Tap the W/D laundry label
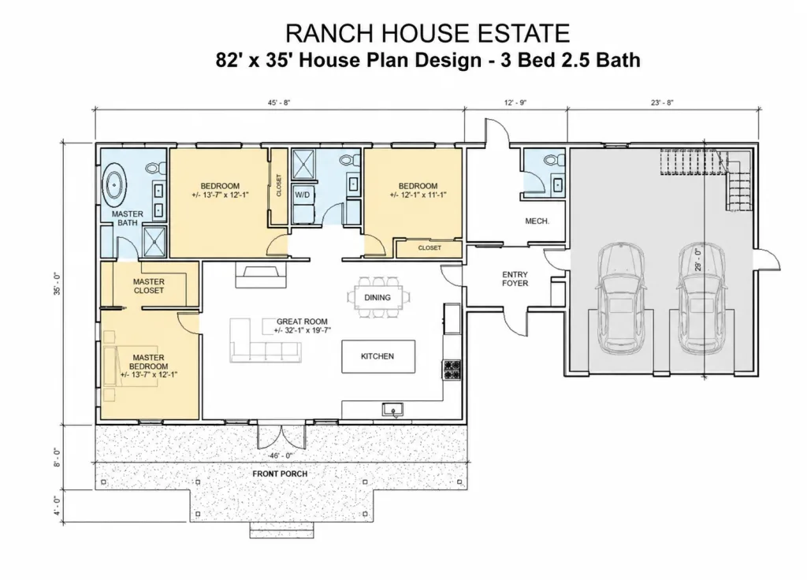tap(302, 195)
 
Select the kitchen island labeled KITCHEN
tap(378, 356)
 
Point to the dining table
tap(379, 297)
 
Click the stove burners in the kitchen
tap(452, 370)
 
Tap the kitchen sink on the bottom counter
tap(392, 410)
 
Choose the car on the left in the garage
tap(621, 298)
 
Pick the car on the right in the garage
tap(702, 298)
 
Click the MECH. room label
tap(537, 221)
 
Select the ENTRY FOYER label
tap(515, 279)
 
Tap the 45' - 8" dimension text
tap(279, 102)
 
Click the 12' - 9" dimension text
tap(515, 102)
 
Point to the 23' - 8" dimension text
tap(662, 102)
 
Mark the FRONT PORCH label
tap(280, 474)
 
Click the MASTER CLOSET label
tap(149, 286)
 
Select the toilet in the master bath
tap(155, 168)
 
